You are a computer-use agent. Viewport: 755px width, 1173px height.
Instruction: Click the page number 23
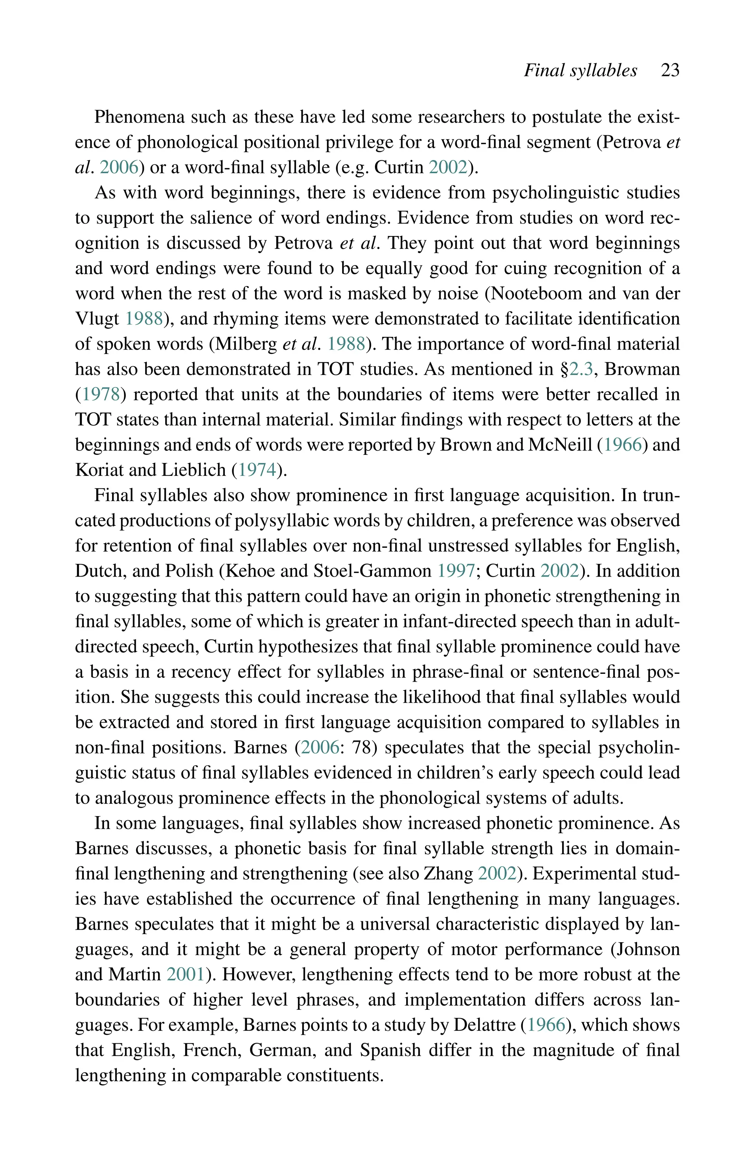point(670,70)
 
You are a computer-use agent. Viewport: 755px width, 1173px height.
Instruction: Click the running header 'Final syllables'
point(581,70)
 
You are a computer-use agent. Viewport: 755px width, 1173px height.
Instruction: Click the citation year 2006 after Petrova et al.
point(119,168)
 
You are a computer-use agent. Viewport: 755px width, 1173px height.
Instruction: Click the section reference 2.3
point(581,369)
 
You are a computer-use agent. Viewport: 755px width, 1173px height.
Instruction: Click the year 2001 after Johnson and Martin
point(186,974)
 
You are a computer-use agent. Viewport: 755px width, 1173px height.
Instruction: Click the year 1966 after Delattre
point(546,1025)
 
